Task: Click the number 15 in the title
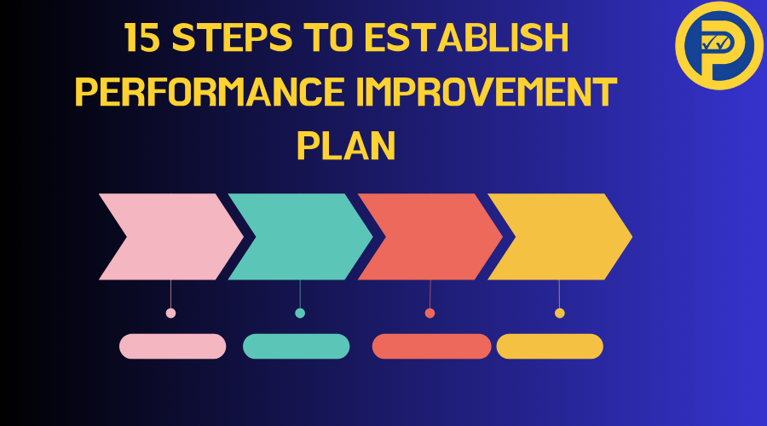pos(141,37)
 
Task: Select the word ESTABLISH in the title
pos(467,37)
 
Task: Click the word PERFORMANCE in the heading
pos(210,91)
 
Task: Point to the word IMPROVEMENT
pos(487,91)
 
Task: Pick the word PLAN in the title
pos(346,146)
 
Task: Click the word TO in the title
pos(328,37)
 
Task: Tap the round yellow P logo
pos(718,45)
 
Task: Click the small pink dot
pos(170,313)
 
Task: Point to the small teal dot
pos(300,313)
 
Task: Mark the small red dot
pos(430,313)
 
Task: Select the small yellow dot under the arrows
pos(560,313)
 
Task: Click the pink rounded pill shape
pos(173,346)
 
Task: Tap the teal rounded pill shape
pos(297,346)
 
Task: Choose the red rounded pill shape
pos(431,346)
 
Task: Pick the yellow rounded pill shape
pos(550,346)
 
